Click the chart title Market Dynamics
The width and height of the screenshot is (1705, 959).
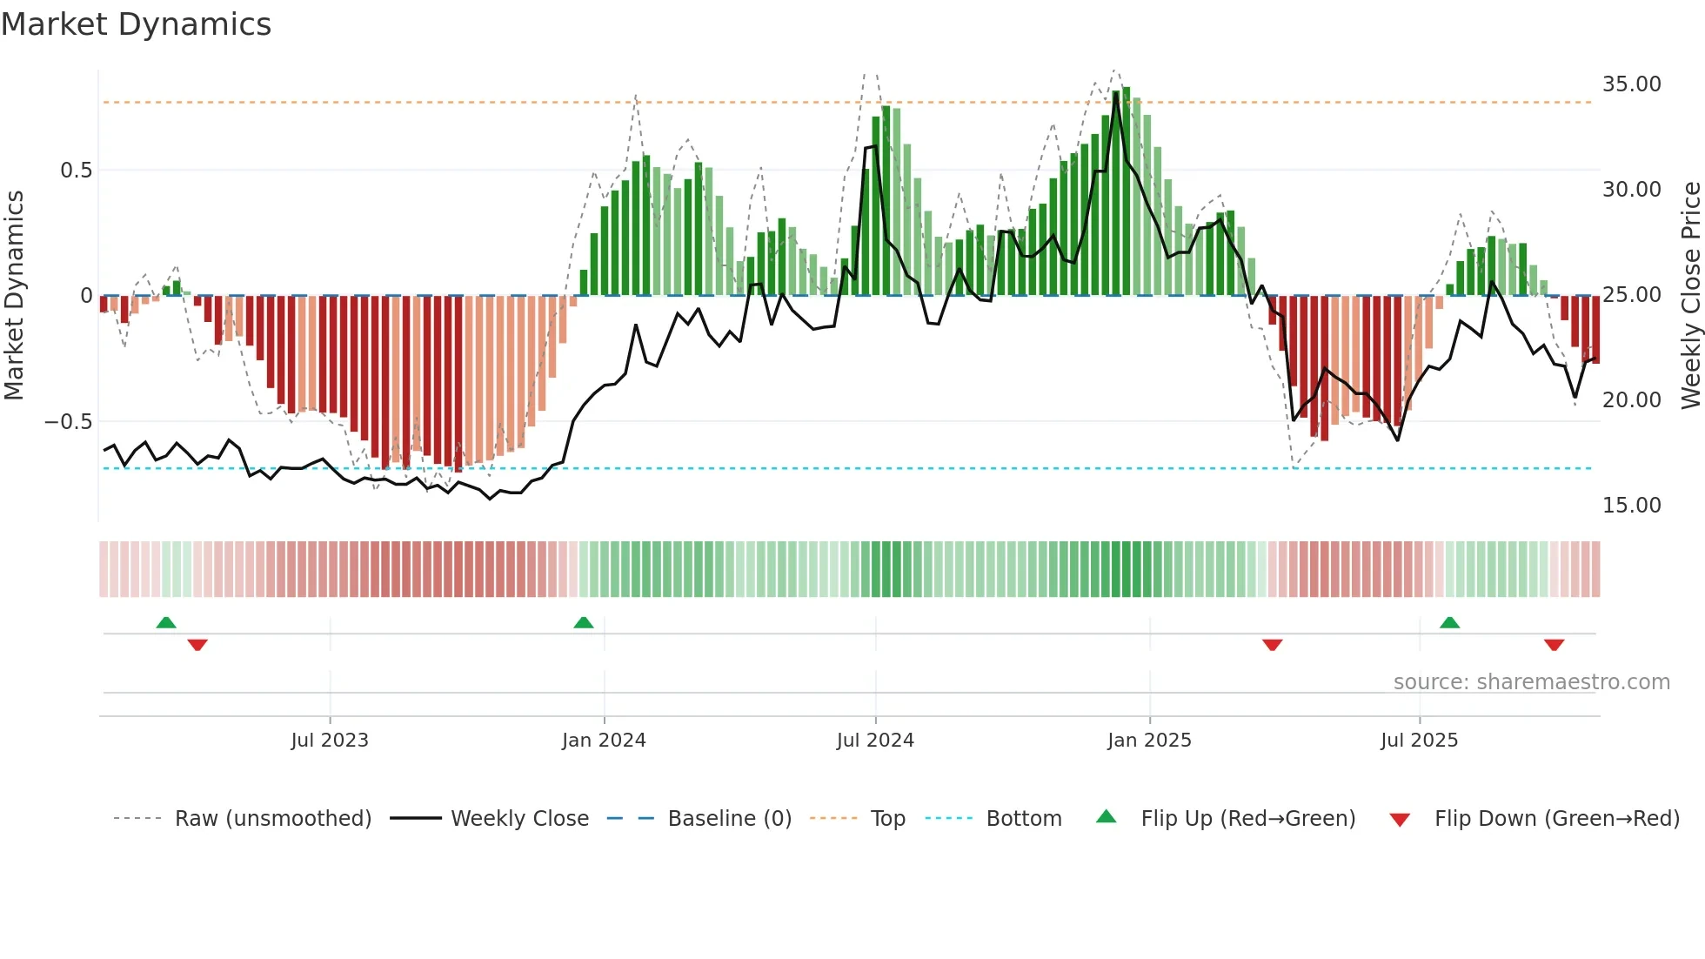tap(137, 24)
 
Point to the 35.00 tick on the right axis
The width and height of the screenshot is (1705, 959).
tap(1631, 84)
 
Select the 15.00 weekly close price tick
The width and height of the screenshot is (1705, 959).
tap(1631, 506)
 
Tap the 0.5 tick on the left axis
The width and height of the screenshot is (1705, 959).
tap(77, 171)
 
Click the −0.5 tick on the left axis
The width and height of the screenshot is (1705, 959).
tap(69, 422)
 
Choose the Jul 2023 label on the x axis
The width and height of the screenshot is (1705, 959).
tap(330, 741)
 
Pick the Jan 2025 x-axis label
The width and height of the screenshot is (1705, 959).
tap(1149, 741)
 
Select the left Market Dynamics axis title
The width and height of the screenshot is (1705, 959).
tap(14, 296)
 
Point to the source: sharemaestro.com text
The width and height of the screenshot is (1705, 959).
tap(1531, 682)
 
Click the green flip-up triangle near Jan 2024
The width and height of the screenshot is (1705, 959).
tap(584, 623)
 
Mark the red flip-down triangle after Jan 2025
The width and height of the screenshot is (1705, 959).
tap(1272, 645)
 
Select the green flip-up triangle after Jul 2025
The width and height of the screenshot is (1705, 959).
tap(1449, 623)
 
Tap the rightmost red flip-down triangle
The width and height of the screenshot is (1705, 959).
tap(1554, 645)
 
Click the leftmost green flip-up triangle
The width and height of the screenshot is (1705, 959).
tap(166, 623)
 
